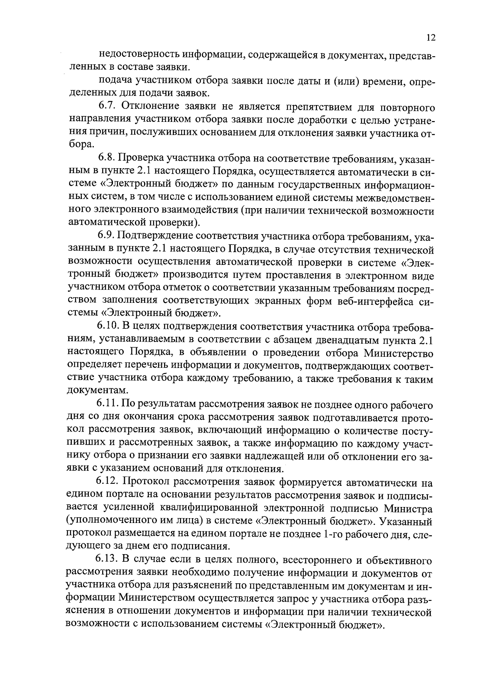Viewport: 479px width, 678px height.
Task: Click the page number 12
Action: (x=430, y=38)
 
